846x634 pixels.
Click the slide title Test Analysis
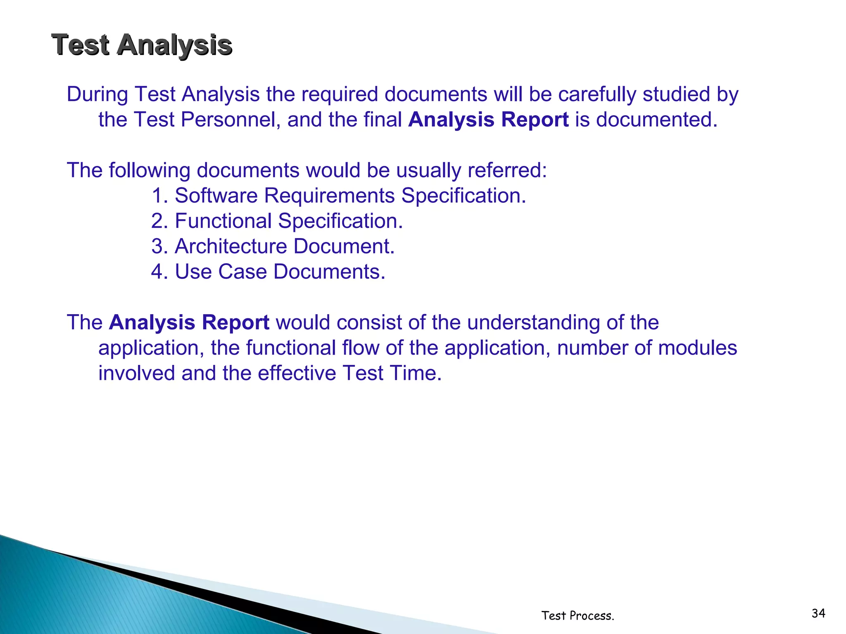click(x=142, y=45)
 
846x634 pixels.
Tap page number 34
click(x=818, y=613)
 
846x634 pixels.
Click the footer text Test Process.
click(x=577, y=615)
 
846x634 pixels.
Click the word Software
click(x=216, y=196)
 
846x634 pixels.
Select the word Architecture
click(x=231, y=246)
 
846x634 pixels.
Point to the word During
click(x=97, y=95)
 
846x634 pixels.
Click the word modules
click(x=697, y=348)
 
